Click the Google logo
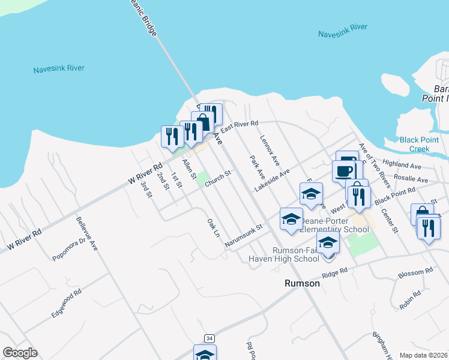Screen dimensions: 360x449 (x=20, y=353)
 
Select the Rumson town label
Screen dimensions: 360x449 (x=301, y=283)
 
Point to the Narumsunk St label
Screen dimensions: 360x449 (x=244, y=236)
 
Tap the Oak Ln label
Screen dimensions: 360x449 (x=213, y=227)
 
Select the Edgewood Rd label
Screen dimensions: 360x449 (x=65, y=305)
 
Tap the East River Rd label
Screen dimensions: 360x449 (x=239, y=126)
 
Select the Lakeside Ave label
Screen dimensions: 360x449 (x=272, y=180)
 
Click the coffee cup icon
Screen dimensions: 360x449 (x=345, y=170)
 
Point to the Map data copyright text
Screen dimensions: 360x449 (x=423, y=355)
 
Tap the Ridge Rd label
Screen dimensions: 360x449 (x=335, y=272)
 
